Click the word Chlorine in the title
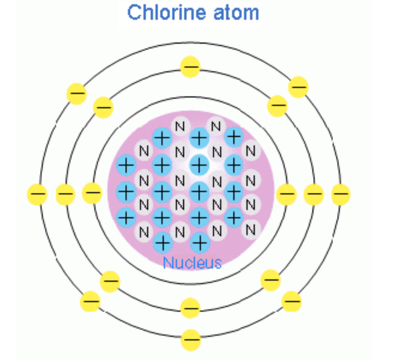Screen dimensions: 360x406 (x=160, y=12)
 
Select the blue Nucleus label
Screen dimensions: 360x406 (x=192, y=263)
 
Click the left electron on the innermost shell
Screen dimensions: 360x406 (x=92, y=193)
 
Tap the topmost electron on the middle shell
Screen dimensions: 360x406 (x=190, y=66)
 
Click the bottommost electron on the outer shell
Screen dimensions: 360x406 (x=190, y=341)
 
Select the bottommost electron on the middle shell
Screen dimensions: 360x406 (x=190, y=308)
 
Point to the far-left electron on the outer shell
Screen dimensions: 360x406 (x=37, y=194)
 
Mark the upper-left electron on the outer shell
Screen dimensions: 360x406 (x=77, y=94)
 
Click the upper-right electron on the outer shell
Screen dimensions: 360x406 (x=298, y=87)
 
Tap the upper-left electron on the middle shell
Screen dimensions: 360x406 (x=103, y=108)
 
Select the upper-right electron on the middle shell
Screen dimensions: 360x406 (x=277, y=106)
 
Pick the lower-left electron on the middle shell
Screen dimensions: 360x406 (x=110, y=280)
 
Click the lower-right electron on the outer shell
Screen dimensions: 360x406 (x=291, y=302)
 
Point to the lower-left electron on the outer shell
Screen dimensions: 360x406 (x=90, y=302)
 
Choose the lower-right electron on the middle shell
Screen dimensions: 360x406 (x=271, y=280)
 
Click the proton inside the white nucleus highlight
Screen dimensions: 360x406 (x=199, y=164)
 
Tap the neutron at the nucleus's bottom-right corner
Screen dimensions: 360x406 (x=250, y=229)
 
